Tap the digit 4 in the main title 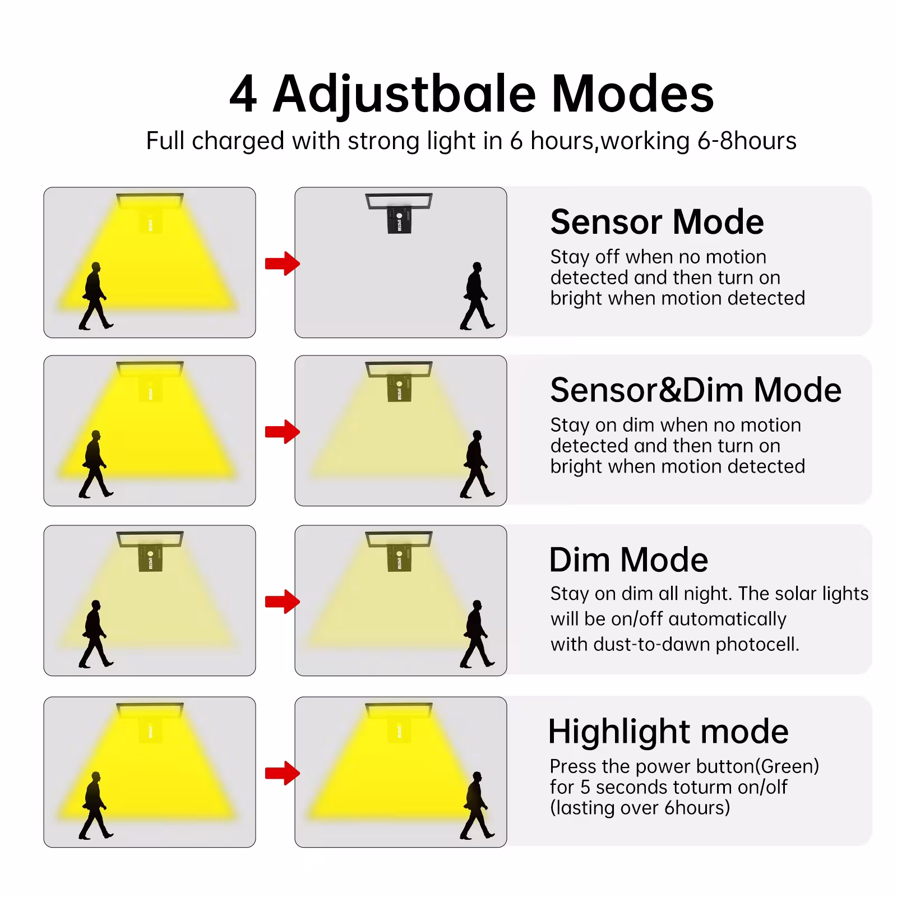click(243, 95)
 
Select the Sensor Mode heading click(656, 221)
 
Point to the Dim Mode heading click(628, 560)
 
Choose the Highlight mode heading click(668, 732)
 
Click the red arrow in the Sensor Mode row click(282, 263)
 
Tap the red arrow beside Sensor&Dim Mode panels click(282, 432)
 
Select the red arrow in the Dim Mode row click(282, 602)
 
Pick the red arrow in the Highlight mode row click(282, 773)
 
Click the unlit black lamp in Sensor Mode click(399, 213)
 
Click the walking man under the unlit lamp click(477, 296)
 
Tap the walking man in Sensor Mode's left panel click(96, 296)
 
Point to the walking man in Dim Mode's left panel click(96, 634)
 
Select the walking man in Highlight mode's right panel click(477, 806)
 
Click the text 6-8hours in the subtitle click(747, 141)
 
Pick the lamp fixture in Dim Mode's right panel click(399, 552)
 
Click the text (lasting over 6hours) click(640, 807)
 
